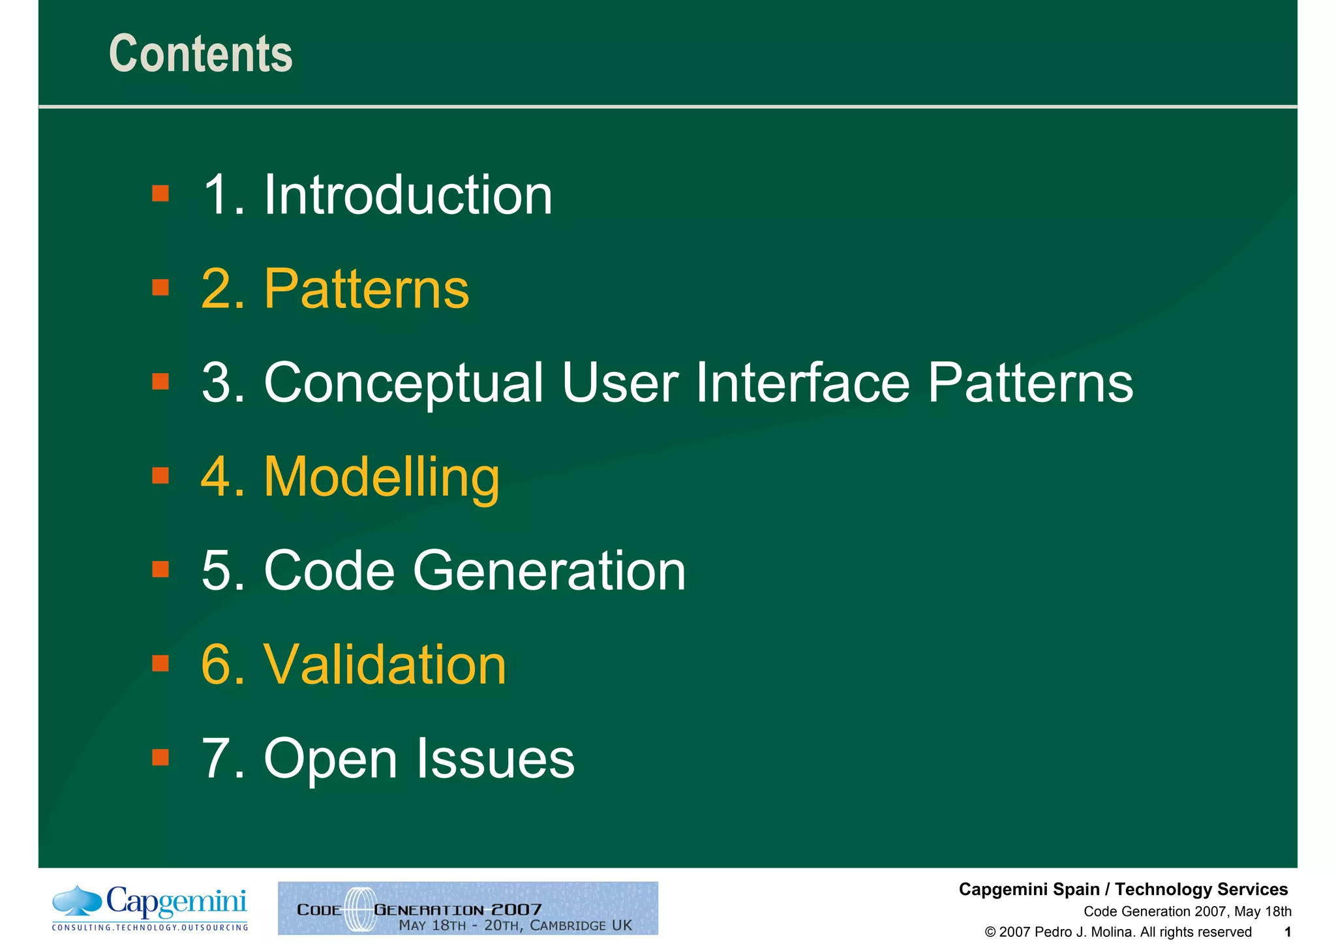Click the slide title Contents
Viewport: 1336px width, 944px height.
(x=200, y=53)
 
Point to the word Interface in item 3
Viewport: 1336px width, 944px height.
(x=802, y=383)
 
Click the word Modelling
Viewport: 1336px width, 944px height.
(x=382, y=477)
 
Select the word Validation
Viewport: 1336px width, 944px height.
(x=385, y=665)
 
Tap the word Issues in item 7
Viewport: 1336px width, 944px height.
(x=495, y=759)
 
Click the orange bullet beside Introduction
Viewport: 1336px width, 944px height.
(x=160, y=194)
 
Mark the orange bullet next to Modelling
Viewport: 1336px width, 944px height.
(x=160, y=476)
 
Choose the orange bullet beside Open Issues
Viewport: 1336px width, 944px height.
(x=160, y=757)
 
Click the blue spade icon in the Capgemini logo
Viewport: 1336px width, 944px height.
(x=77, y=900)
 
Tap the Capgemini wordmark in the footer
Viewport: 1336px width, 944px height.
(x=176, y=903)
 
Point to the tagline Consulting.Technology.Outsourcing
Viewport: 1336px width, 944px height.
(x=150, y=928)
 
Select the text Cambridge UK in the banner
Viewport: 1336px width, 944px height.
(x=581, y=925)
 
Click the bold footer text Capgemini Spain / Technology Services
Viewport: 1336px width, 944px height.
(x=1123, y=889)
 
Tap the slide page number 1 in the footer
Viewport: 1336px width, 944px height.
(x=1287, y=932)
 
